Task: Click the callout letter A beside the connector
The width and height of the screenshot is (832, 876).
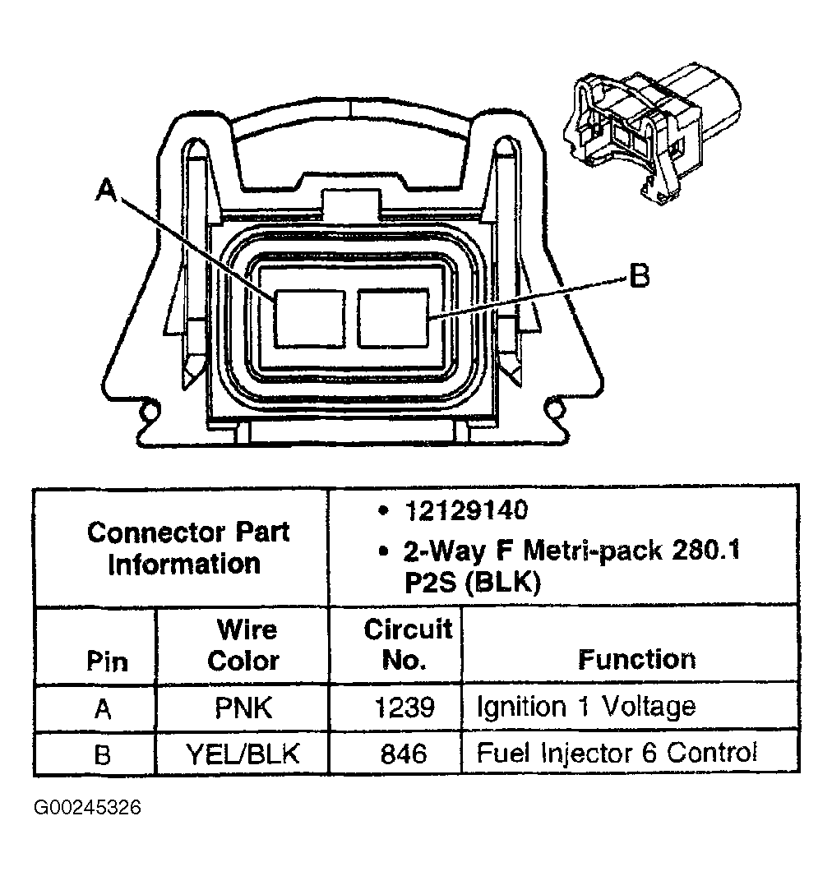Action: pyautogui.click(x=105, y=191)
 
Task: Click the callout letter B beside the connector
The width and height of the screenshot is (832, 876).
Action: pyautogui.click(x=639, y=276)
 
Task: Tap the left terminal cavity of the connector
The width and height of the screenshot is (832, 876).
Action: pyautogui.click(x=308, y=317)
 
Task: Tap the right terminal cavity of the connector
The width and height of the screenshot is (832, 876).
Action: pyautogui.click(x=394, y=317)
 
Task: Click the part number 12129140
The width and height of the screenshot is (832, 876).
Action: pyautogui.click(x=465, y=510)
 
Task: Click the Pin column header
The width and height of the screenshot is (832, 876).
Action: pyautogui.click(x=107, y=662)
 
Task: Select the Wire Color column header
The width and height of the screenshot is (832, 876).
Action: pyautogui.click(x=244, y=645)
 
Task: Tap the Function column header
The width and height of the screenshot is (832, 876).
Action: pyautogui.click(x=636, y=659)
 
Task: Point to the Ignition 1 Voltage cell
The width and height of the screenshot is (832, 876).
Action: pyautogui.click(x=586, y=707)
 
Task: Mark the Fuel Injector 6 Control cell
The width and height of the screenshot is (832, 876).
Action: pyautogui.click(x=617, y=753)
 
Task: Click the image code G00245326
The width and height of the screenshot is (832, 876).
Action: pyautogui.click(x=88, y=809)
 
